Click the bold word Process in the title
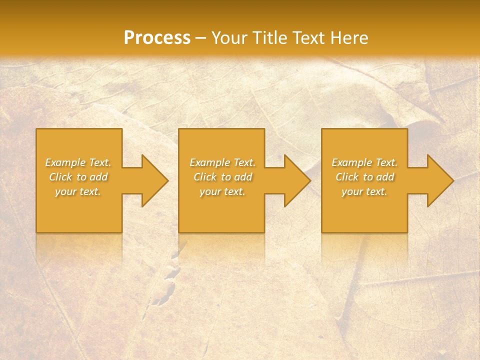pyautogui.click(x=157, y=38)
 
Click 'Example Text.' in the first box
pyautogui.click(x=78, y=162)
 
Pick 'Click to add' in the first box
pyautogui.click(x=78, y=177)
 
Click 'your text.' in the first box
pyautogui.click(x=78, y=191)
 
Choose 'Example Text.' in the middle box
pyautogui.click(x=222, y=162)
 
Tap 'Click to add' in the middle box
pyautogui.click(x=222, y=177)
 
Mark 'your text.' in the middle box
pyautogui.click(x=222, y=191)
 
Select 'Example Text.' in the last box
pyautogui.click(x=364, y=162)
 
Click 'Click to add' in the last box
pyautogui.click(x=364, y=177)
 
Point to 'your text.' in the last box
pyautogui.click(x=364, y=191)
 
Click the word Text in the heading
pyautogui.click(x=311, y=38)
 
